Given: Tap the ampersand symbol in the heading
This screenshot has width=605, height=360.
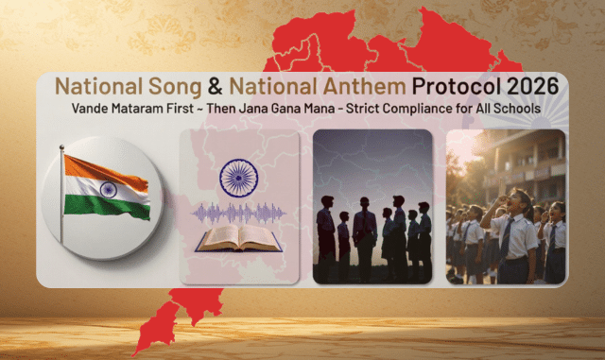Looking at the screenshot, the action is click(215, 86).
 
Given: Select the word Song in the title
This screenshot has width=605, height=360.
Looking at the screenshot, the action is click(175, 87).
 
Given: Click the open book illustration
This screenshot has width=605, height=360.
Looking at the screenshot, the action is click(239, 238).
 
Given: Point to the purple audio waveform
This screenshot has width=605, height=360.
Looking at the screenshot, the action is click(239, 213).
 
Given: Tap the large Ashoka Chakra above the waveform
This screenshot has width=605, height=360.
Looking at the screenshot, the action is click(239, 179).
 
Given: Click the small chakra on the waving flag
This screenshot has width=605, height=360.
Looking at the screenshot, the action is click(108, 190).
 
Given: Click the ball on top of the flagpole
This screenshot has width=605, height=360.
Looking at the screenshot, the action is click(61, 147).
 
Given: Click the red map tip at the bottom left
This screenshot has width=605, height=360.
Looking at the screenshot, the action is click(135, 353).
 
